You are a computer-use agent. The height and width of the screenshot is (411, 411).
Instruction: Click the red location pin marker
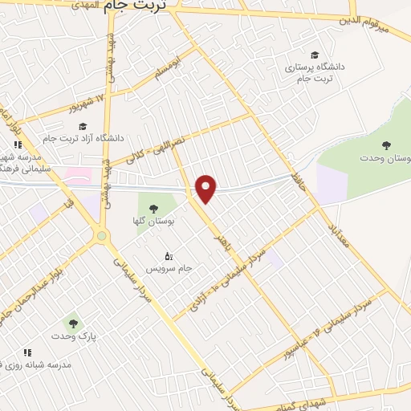[207, 188]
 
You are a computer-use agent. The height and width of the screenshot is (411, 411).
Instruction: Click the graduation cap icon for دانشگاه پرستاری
[314, 55]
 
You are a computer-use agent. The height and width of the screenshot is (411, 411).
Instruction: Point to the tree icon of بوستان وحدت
[387, 145]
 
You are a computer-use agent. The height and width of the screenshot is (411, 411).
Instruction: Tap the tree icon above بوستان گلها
[154, 209]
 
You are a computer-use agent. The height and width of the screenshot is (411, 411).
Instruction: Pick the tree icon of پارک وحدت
[73, 324]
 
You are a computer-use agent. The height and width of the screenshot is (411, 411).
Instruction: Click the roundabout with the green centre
[100, 236]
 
